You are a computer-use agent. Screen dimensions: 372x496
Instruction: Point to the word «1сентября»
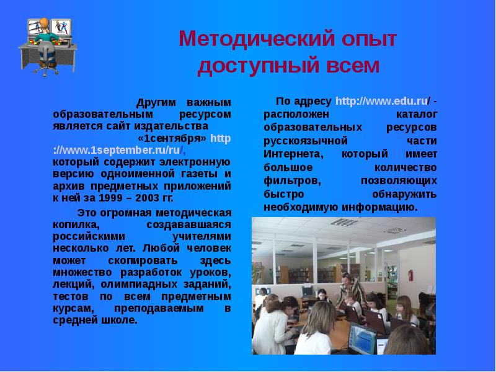tap(172, 136)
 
